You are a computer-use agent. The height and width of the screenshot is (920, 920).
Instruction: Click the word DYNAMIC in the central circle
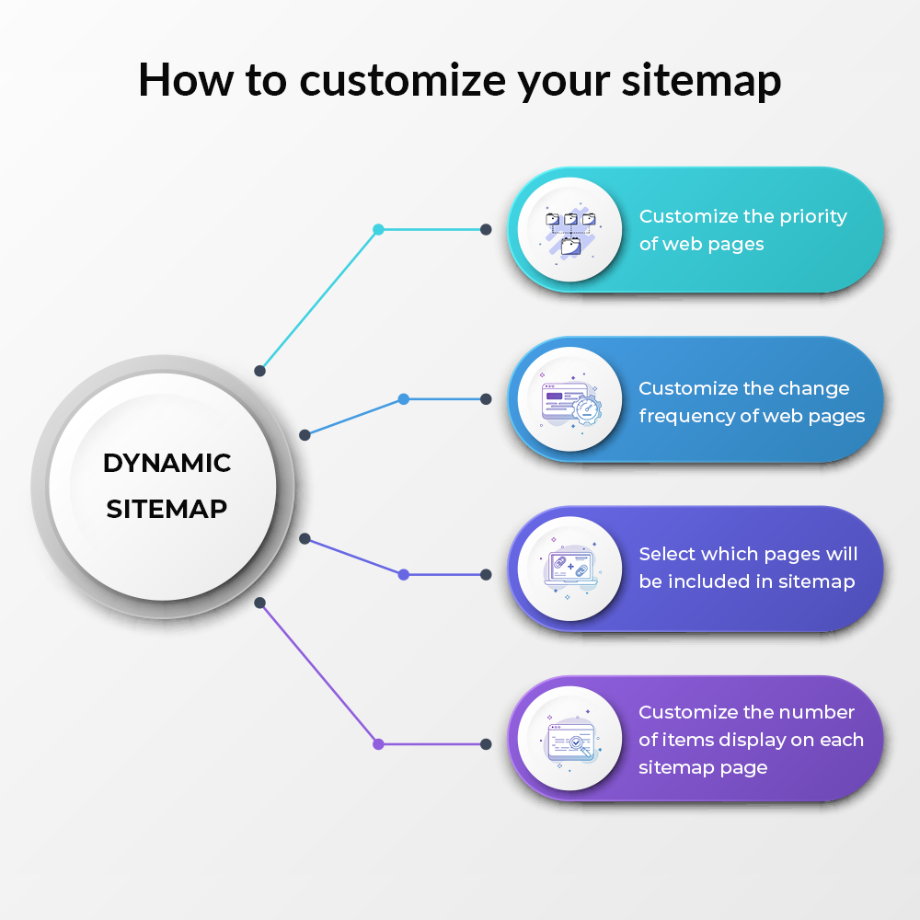pyautogui.click(x=167, y=463)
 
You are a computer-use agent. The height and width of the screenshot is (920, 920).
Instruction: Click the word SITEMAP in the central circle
pyautogui.click(x=167, y=509)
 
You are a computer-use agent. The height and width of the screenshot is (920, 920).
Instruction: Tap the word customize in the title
pyautogui.click(x=403, y=80)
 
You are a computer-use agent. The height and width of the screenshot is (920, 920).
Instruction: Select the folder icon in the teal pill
pyautogui.click(x=570, y=231)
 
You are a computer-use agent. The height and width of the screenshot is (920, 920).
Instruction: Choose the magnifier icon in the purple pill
pyautogui.click(x=572, y=742)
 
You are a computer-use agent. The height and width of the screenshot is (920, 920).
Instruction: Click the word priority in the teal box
pyautogui.click(x=813, y=217)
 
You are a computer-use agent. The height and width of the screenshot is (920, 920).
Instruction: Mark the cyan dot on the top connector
pyautogui.click(x=378, y=229)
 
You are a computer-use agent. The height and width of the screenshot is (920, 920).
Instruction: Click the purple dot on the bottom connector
pyautogui.click(x=378, y=744)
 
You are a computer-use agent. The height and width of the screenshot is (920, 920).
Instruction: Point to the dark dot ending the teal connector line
pyautogui.click(x=486, y=229)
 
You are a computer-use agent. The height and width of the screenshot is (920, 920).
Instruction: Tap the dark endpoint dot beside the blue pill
pyautogui.click(x=486, y=399)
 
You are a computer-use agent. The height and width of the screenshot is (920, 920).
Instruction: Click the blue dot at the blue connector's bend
pyautogui.click(x=404, y=399)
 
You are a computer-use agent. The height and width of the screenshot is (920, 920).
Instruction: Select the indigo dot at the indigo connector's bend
pyautogui.click(x=404, y=574)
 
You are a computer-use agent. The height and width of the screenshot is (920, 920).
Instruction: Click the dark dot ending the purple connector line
pyautogui.click(x=486, y=744)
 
